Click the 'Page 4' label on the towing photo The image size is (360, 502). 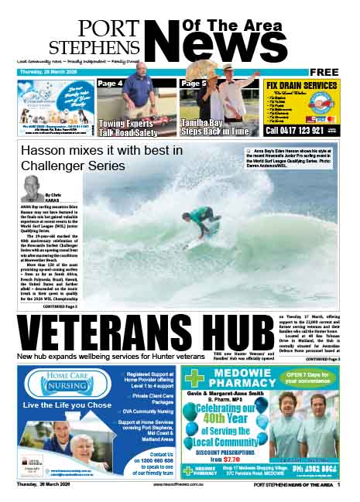110,84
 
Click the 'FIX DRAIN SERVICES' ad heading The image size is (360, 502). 300,85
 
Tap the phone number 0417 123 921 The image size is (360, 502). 295,131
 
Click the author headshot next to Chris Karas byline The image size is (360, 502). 33,186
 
